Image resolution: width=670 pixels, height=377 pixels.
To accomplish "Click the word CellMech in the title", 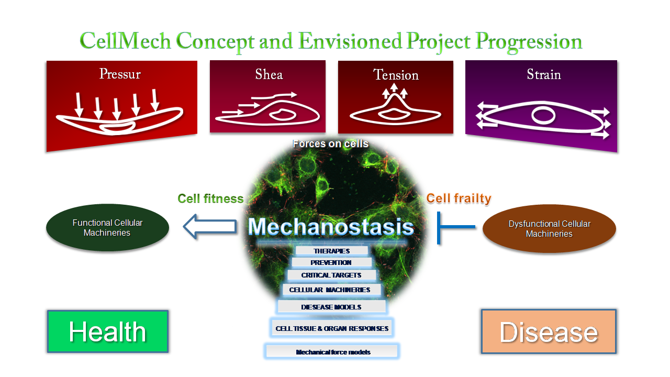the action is (125, 41).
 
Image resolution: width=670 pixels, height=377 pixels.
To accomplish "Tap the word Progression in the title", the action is (529, 42).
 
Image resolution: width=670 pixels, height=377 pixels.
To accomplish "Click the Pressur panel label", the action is (120, 74).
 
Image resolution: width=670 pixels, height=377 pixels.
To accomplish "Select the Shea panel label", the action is (269, 74).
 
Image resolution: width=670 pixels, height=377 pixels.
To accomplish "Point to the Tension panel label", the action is (396, 75).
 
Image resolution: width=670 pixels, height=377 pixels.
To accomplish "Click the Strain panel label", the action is (544, 74).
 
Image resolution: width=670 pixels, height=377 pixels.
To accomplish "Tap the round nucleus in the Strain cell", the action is (543, 116).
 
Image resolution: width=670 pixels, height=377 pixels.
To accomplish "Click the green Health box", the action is (108, 331).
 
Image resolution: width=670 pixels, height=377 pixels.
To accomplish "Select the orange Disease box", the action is (549, 331).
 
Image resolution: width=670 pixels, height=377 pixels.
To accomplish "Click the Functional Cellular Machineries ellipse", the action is (107, 228).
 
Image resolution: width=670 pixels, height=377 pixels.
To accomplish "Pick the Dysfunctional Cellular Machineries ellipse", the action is (549, 229).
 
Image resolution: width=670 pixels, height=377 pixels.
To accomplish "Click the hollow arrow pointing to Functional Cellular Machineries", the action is (210, 227).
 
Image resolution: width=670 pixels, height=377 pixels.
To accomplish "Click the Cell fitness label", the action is (210, 198).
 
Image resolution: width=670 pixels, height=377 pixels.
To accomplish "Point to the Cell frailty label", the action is (459, 198).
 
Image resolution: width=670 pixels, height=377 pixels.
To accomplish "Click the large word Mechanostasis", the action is (331, 227).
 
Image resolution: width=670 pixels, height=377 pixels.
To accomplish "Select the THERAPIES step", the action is (332, 251).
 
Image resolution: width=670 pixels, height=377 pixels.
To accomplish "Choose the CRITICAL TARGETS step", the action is (331, 275).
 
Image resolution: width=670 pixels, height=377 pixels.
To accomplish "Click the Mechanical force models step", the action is (332, 351).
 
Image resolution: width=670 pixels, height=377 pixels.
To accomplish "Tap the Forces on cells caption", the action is (330, 144).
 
